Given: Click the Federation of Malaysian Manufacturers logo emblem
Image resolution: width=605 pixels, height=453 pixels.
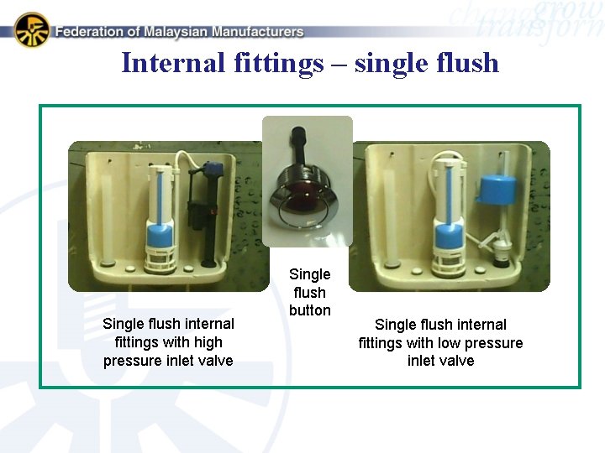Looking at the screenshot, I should coord(32,29).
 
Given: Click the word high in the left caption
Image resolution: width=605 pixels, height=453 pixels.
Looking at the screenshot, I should coord(207,342).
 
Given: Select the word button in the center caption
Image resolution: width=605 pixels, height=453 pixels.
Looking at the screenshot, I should coord(309,310).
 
